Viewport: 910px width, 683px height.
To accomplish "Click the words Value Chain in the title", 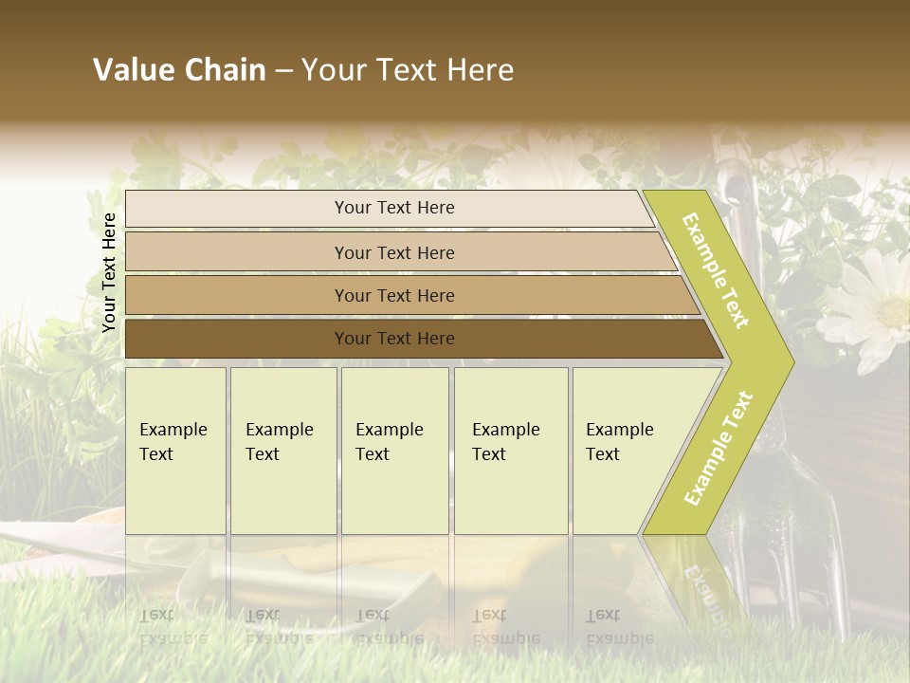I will pyautogui.click(x=179, y=70).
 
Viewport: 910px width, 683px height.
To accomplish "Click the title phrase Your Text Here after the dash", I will pyautogui.click(x=408, y=70).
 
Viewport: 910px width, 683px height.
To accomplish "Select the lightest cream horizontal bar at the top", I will pyautogui.click(x=237, y=209).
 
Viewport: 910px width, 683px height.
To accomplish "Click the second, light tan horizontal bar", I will pyautogui.click(x=237, y=252).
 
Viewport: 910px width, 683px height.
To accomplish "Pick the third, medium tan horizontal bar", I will pyautogui.click(x=237, y=295).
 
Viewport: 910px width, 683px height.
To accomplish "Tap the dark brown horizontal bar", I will pyautogui.click(x=237, y=339).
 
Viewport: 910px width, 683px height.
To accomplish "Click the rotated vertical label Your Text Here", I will pyautogui.click(x=109, y=272).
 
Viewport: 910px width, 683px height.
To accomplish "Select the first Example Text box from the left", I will pyautogui.click(x=175, y=451).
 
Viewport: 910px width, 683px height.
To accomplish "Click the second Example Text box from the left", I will pyautogui.click(x=282, y=451).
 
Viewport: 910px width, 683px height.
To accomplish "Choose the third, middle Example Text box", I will pyautogui.click(x=394, y=451).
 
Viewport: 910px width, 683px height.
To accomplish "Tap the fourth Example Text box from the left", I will pyautogui.click(x=510, y=451).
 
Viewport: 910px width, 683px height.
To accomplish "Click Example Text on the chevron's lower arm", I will pyautogui.click(x=719, y=449).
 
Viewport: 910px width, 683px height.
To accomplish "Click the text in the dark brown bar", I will pyautogui.click(x=394, y=339).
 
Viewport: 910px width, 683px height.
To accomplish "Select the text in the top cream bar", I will pyautogui.click(x=394, y=208).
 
